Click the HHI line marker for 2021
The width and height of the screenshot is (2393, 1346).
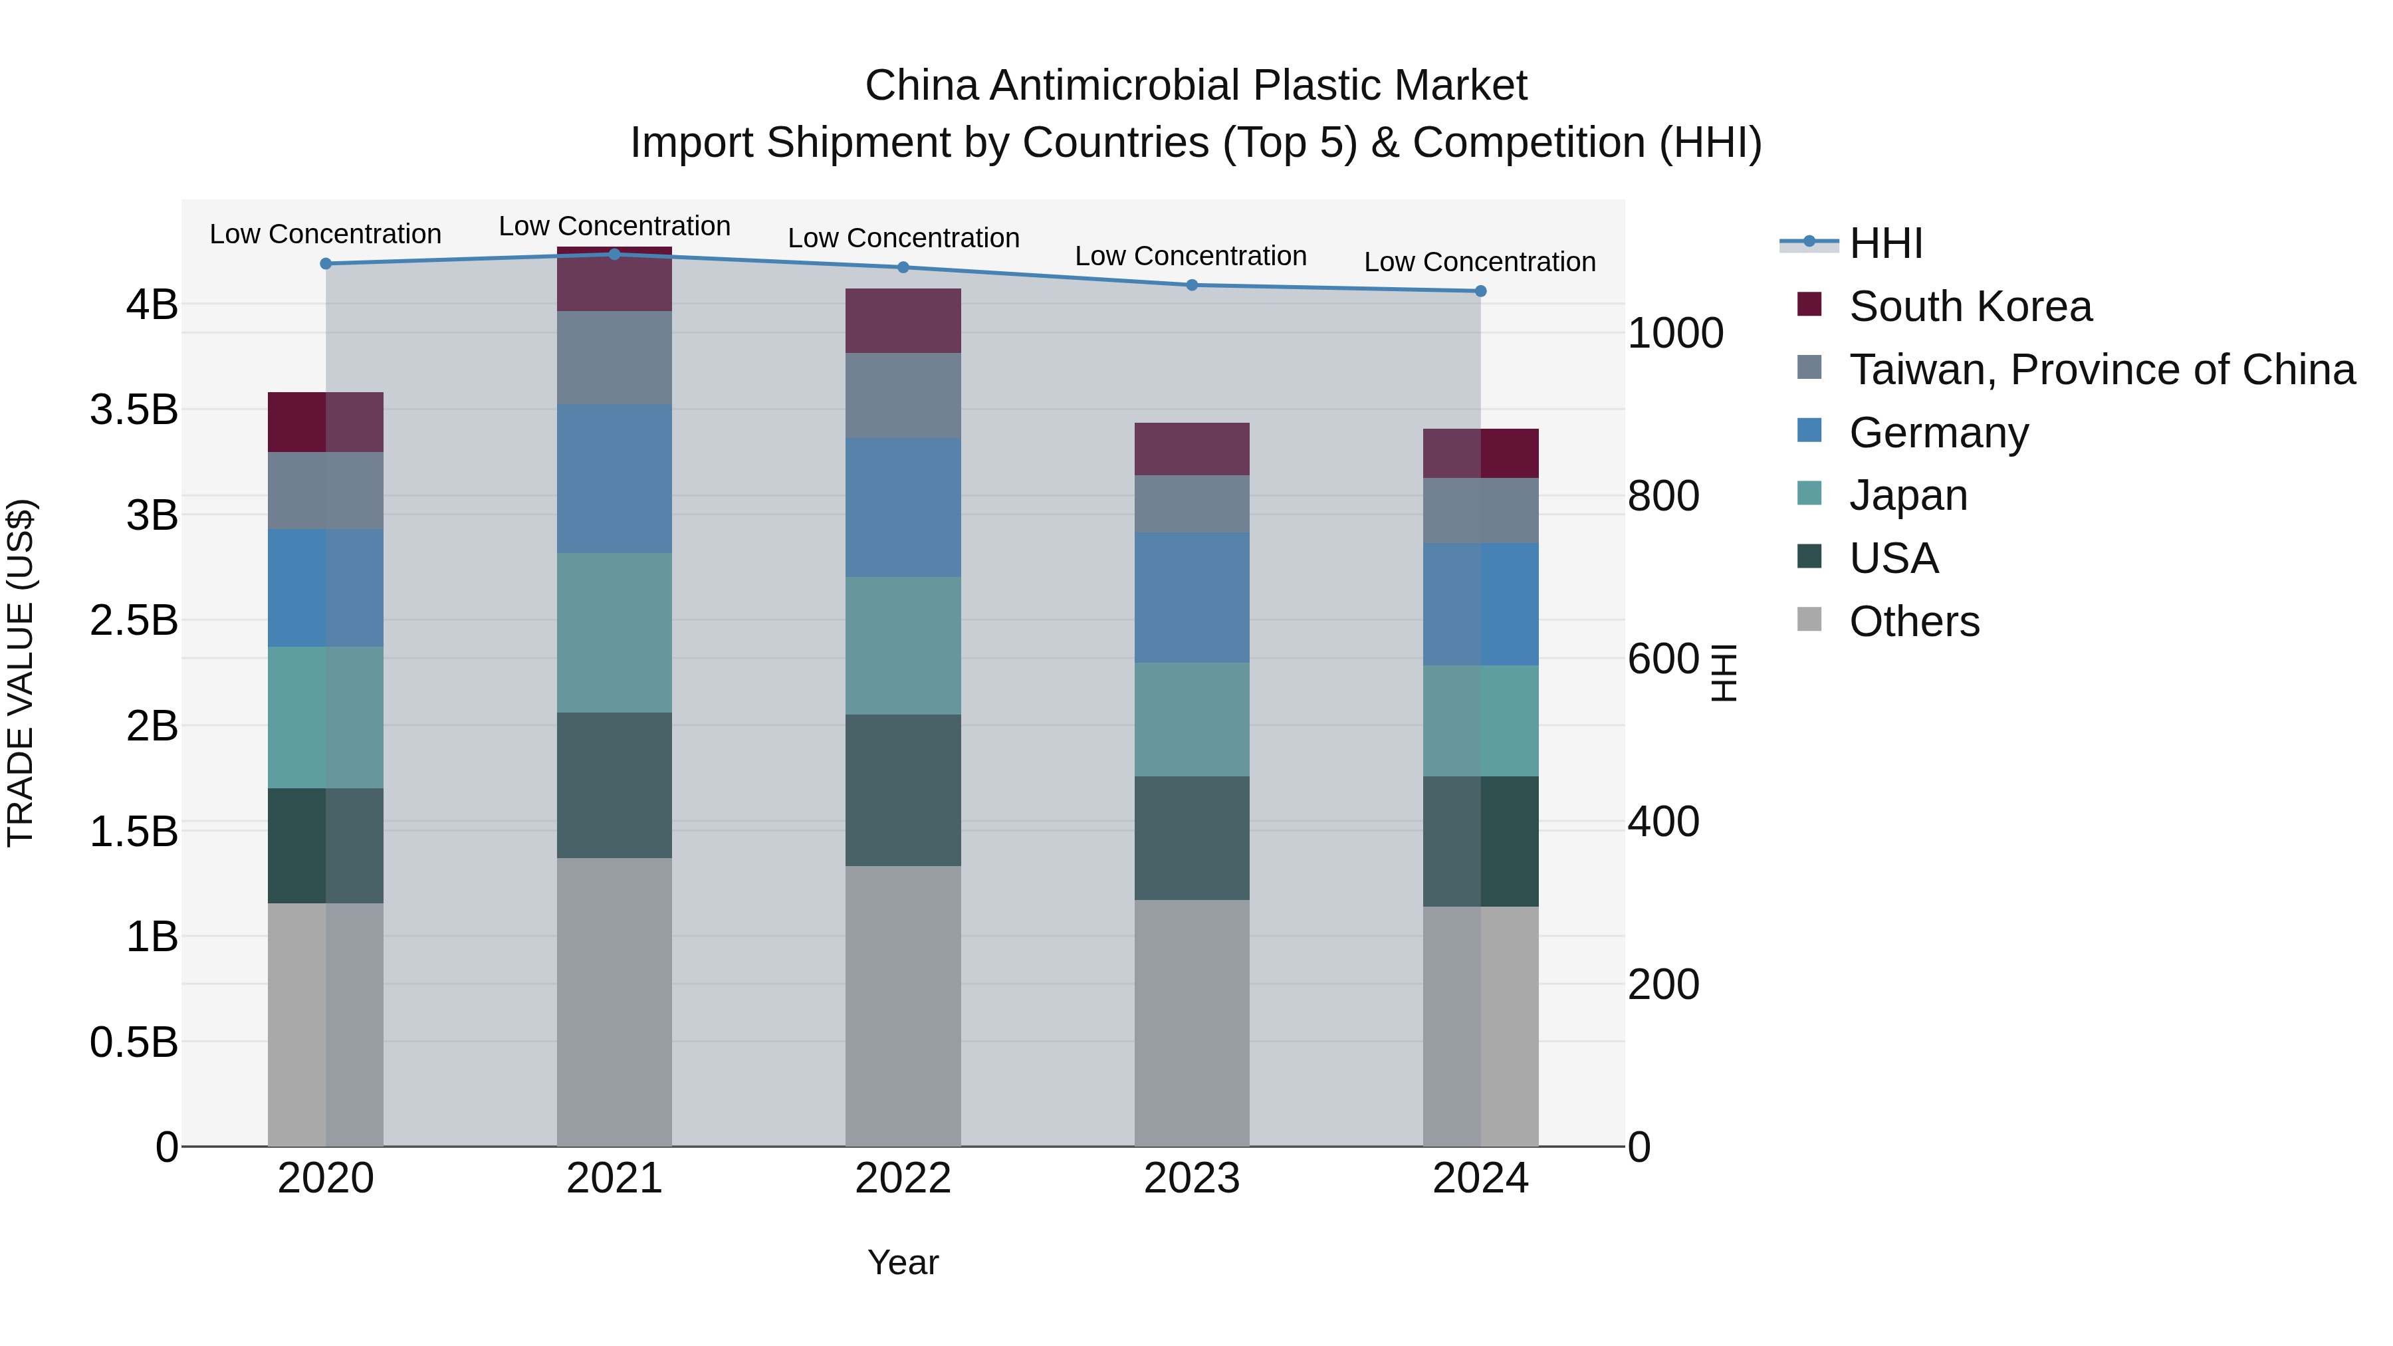(614, 255)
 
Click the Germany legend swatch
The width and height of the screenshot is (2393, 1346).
(1809, 431)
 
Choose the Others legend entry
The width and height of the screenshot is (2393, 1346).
(1914, 621)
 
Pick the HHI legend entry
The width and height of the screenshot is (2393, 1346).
(1885, 243)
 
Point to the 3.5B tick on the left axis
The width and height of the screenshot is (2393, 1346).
(134, 409)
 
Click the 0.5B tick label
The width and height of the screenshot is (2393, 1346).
(134, 1042)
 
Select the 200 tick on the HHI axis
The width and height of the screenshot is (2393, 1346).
(1663, 984)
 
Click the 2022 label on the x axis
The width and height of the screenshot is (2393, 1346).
(903, 1178)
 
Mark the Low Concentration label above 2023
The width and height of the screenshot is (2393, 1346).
(1191, 257)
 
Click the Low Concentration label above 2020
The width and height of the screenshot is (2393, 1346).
(325, 234)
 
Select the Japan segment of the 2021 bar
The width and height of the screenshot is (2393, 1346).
(614, 633)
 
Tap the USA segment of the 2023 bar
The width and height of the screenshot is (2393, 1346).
(1192, 838)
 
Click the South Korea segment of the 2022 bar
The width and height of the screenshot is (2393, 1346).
(903, 320)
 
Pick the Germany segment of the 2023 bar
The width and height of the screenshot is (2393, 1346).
(1192, 598)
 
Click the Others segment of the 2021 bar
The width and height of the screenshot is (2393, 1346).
(614, 1002)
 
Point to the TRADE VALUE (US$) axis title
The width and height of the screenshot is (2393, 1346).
(21, 673)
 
